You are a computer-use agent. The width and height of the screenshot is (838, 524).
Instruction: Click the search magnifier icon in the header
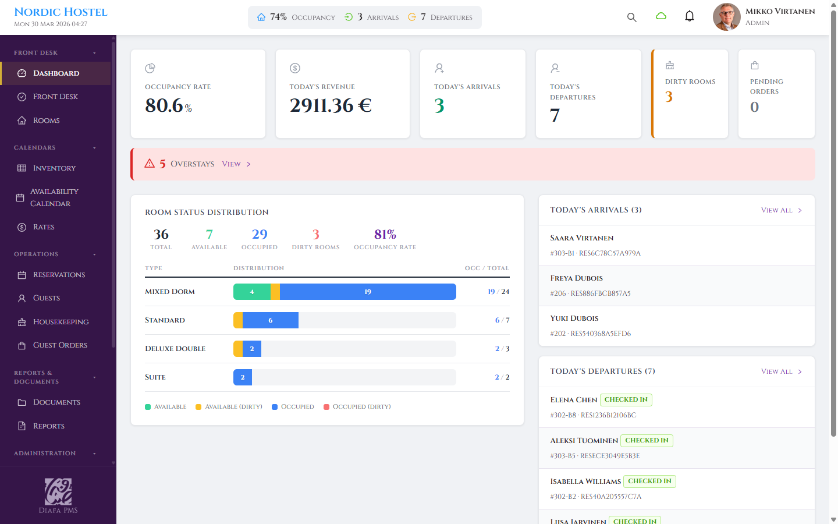(631, 17)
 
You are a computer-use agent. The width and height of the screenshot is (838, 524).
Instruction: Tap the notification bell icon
(690, 16)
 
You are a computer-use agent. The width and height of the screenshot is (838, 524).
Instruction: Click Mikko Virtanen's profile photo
(726, 17)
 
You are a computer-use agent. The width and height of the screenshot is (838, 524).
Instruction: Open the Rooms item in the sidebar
(46, 121)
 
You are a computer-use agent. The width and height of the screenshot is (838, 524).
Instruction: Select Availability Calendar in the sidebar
(54, 197)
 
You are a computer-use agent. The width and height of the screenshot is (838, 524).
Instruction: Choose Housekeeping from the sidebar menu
(61, 322)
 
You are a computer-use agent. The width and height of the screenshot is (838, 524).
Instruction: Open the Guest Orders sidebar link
(60, 345)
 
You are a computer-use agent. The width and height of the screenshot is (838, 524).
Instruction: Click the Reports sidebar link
(48, 426)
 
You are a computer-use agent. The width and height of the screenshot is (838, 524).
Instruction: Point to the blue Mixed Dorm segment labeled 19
(368, 292)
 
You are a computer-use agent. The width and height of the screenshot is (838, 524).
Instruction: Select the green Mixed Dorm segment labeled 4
(252, 292)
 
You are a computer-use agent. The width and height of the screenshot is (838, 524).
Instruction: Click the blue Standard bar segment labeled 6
(271, 320)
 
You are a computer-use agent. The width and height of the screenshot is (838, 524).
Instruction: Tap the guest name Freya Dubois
(576, 278)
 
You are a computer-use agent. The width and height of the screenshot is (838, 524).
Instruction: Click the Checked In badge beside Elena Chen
(626, 399)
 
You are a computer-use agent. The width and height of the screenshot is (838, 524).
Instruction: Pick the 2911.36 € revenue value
(331, 105)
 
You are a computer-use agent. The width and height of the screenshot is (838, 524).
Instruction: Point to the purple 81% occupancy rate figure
(385, 234)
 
